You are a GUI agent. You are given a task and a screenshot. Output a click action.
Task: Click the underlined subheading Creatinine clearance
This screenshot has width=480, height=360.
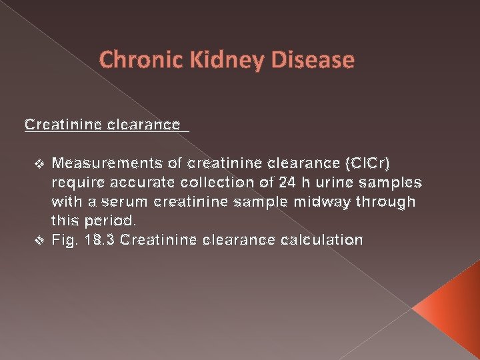click(x=102, y=125)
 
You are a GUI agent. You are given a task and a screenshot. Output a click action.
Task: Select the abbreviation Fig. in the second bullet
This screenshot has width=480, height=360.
click(x=64, y=240)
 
